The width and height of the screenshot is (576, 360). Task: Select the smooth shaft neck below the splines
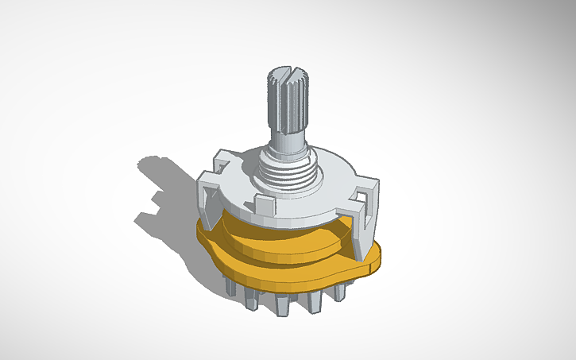click(288, 143)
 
